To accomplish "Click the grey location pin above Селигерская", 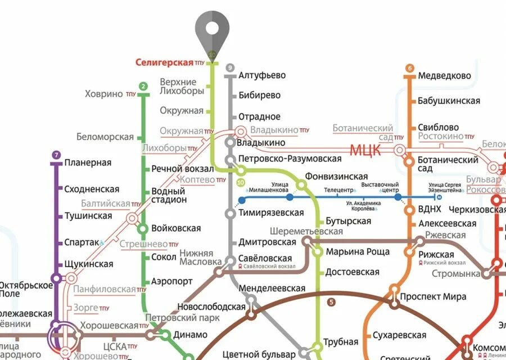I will point(213,30).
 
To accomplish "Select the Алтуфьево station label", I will point(262,75).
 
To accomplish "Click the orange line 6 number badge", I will point(409,69).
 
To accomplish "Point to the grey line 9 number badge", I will point(229,68).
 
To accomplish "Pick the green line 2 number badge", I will point(143,87).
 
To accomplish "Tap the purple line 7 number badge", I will point(56,155).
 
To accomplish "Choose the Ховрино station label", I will point(104,94).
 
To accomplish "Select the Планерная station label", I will point(88,163).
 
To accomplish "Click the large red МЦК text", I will point(365,150).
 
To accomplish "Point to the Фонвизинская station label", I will point(336,177).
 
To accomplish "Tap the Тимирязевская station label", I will point(271,213).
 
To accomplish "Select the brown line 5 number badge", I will point(331,302).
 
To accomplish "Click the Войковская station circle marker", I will point(143,228).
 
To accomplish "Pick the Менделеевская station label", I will point(272,289).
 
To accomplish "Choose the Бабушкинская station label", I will point(449,101).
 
